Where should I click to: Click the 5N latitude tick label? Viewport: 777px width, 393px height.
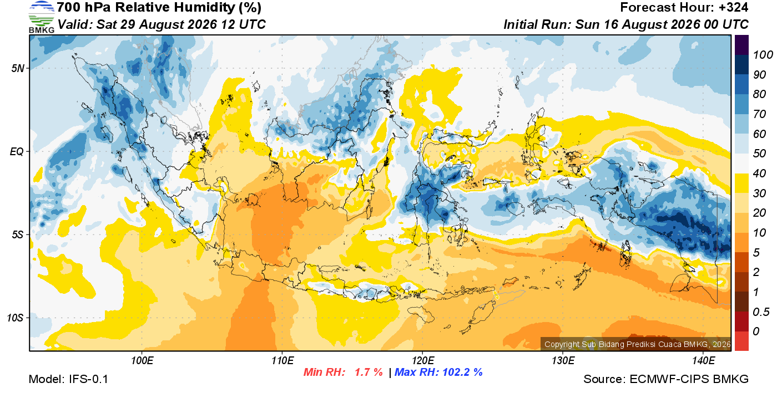[18, 68]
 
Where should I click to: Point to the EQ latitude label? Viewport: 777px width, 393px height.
[17, 151]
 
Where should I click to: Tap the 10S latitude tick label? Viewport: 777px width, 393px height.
[16, 318]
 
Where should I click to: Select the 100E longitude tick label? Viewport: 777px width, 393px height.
[142, 360]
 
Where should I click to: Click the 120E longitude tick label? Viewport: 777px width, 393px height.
[423, 360]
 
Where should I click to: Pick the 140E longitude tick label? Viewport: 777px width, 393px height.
[703, 360]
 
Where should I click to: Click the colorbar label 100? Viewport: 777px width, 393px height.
[763, 55]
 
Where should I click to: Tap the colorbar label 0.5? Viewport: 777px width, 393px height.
[761, 312]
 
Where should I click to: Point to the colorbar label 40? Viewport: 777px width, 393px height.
[759, 173]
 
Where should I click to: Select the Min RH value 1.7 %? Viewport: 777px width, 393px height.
[369, 372]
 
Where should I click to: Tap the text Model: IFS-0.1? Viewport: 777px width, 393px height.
[68, 379]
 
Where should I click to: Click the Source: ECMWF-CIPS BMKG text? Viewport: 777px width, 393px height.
[666, 379]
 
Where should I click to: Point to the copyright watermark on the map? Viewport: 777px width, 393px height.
[638, 344]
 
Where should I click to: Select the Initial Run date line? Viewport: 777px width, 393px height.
[626, 24]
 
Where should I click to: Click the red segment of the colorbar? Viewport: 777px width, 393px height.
[741, 341]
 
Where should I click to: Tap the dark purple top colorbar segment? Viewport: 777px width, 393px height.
[741, 45]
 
